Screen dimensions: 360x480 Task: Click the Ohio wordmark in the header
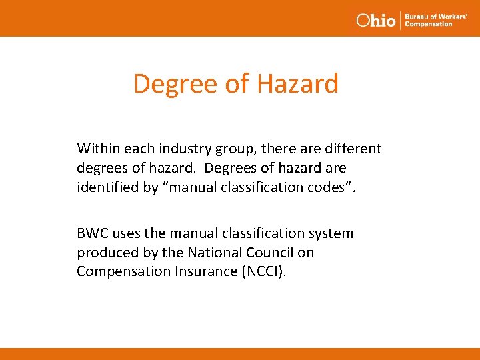point(375,20)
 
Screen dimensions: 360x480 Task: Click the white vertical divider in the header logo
point(400,20)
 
